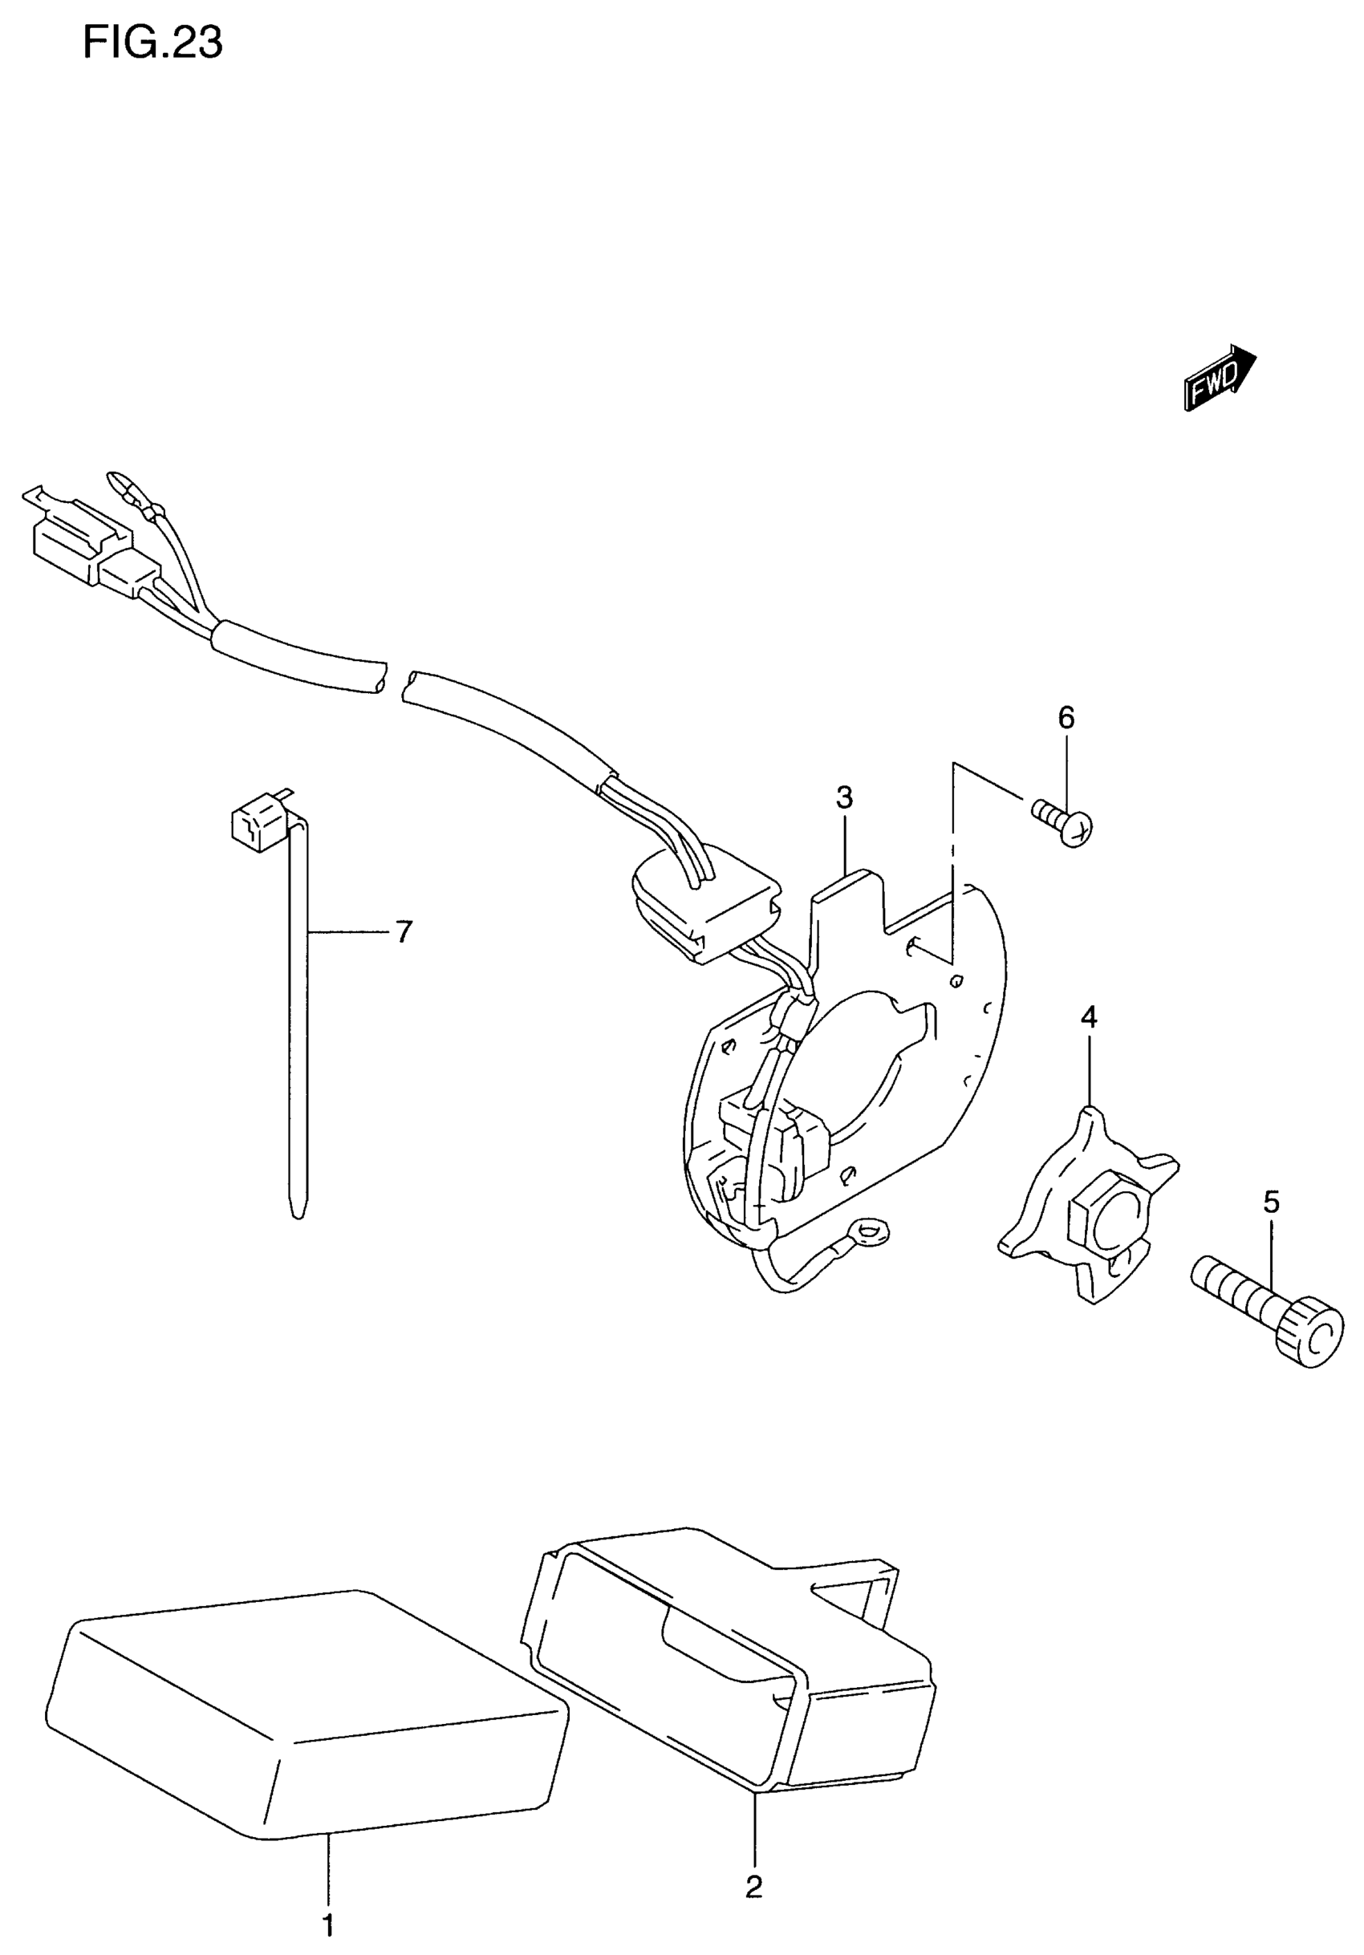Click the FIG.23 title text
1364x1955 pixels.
[152, 43]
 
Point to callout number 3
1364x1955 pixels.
[844, 798]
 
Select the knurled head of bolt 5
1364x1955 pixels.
[1308, 1342]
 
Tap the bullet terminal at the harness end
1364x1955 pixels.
[121, 486]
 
